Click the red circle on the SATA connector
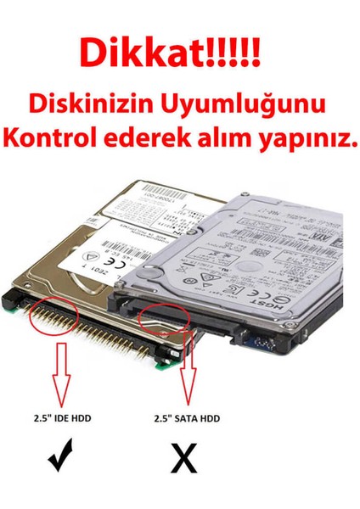coord(171,312)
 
